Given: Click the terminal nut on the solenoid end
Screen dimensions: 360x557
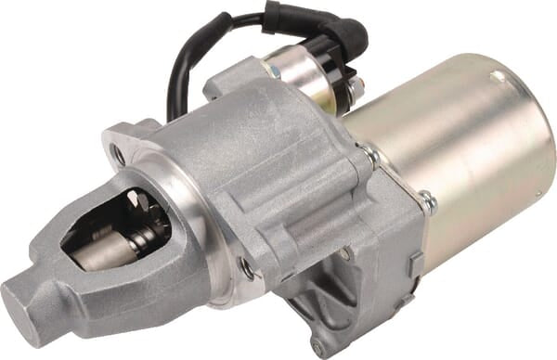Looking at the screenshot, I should [x=356, y=88].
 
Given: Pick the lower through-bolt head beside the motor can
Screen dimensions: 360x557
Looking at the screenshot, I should [x=427, y=199].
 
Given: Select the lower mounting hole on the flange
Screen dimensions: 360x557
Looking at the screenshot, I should [x=246, y=269].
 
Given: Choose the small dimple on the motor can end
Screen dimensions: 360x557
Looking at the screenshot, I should [x=500, y=78].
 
